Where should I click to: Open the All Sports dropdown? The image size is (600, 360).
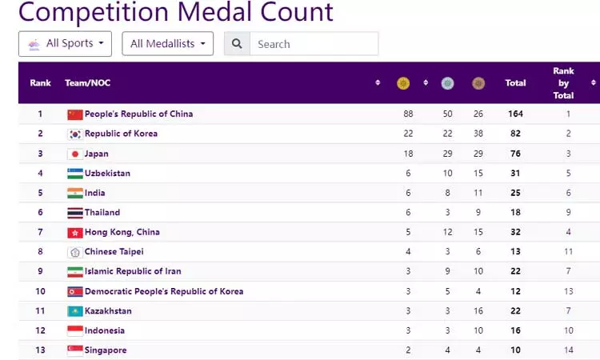click(x=65, y=44)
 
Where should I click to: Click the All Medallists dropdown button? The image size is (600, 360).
click(x=167, y=44)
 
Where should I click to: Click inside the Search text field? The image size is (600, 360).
click(x=313, y=44)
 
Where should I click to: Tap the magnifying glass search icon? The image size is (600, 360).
click(x=237, y=44)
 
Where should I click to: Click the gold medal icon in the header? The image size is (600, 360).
click(x=403, y=82)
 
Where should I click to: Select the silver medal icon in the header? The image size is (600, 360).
click(x=447, y=82)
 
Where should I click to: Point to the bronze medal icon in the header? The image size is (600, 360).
click(x=478, y=82)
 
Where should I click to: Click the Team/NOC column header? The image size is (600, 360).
click(x=88, y=82)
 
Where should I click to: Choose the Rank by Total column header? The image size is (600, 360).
click(x=563, y=82)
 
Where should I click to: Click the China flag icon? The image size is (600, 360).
click(x=75, y=114)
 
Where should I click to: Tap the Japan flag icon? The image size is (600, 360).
click(x=75, y=154)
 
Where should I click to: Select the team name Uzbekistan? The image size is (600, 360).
click(x=107, y=174)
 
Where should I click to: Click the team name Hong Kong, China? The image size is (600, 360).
click(x=122, y=232)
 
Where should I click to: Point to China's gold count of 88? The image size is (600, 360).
click(x=408, y=114)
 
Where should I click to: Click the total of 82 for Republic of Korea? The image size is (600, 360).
click(x=515, y=134)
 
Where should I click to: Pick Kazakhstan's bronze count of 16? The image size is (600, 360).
click(x=478, y=311)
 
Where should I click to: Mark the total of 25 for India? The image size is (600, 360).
click(x=515, y=193)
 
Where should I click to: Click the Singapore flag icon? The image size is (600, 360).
click(x=75, y=350)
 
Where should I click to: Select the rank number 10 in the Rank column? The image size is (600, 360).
click(x=40, y=291)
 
